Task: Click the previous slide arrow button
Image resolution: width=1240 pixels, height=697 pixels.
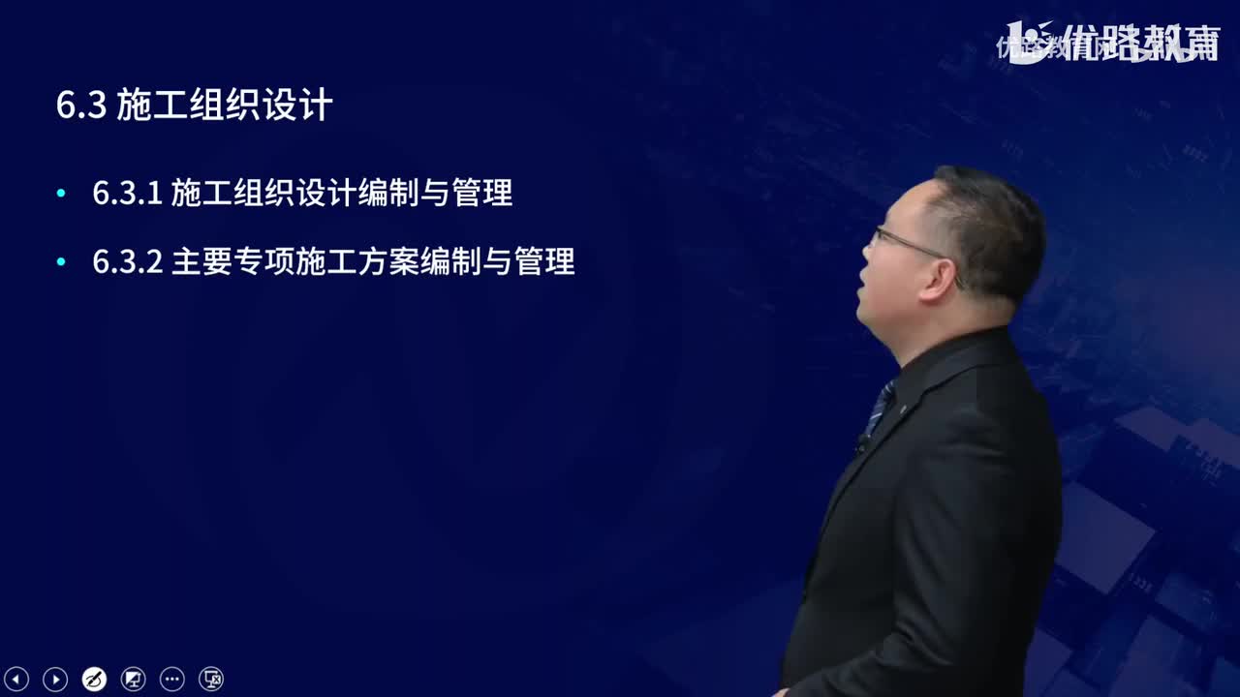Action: (17, 680)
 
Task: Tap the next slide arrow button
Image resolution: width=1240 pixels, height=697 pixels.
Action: (55, 680)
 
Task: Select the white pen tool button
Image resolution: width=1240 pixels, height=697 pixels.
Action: (94, 680)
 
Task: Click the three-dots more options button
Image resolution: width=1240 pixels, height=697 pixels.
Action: (171, 680)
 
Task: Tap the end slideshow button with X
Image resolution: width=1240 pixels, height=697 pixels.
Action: (211, 680)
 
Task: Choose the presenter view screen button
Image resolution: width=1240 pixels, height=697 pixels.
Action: (133, 680)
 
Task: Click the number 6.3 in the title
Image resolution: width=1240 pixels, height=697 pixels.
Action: (80, 106)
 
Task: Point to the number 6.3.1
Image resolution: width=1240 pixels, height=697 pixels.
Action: (126, 194)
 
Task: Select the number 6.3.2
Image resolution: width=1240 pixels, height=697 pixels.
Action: (127, 261)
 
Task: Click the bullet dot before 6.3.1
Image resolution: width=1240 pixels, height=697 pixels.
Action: (62, 194)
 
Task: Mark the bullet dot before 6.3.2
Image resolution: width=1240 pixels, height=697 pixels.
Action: (62, 261)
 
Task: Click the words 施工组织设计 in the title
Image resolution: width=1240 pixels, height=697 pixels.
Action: (225, 106)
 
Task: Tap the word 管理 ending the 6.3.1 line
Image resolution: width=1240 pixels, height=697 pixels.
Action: (481, 194)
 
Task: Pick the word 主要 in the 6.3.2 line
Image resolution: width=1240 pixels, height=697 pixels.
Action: (201, 261)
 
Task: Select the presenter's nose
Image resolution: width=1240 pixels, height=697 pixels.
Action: (867, 259)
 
